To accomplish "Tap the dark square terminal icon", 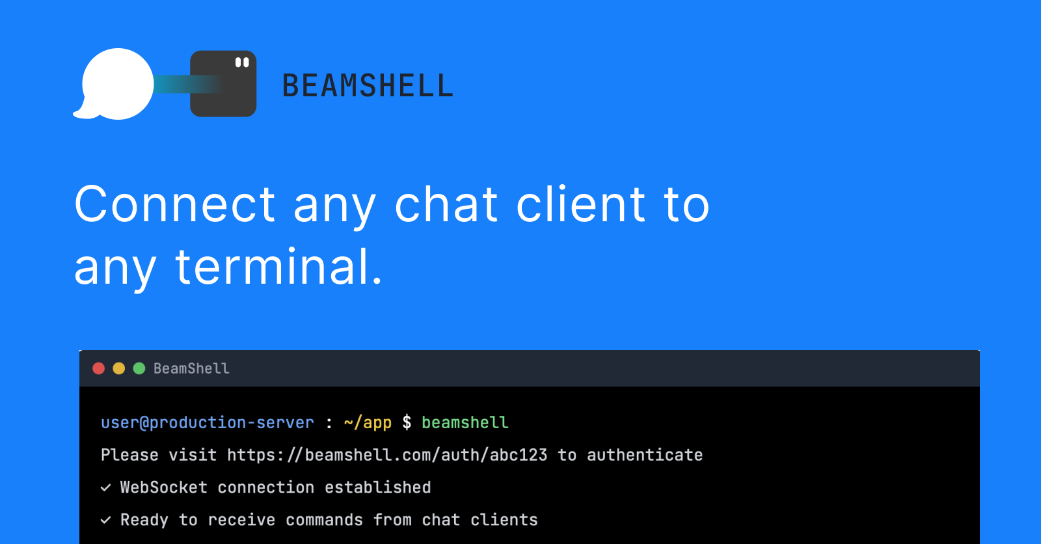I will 223,84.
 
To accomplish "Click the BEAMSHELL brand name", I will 368,86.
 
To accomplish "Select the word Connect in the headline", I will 175,204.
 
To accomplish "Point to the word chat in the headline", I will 446,204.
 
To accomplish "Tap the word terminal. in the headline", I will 278,267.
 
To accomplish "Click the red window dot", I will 99,368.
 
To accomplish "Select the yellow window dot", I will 119,368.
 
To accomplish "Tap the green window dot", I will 139,368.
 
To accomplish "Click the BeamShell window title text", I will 191,368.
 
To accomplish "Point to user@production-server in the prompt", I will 208,423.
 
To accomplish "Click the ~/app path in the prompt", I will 368,423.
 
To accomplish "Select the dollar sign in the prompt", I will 407,423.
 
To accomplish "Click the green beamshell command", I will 465,423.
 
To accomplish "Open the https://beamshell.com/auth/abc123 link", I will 387,455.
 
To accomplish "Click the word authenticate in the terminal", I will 645,455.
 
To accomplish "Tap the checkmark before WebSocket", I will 105,487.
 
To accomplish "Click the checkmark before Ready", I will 105,520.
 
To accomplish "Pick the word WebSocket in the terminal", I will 164,487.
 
